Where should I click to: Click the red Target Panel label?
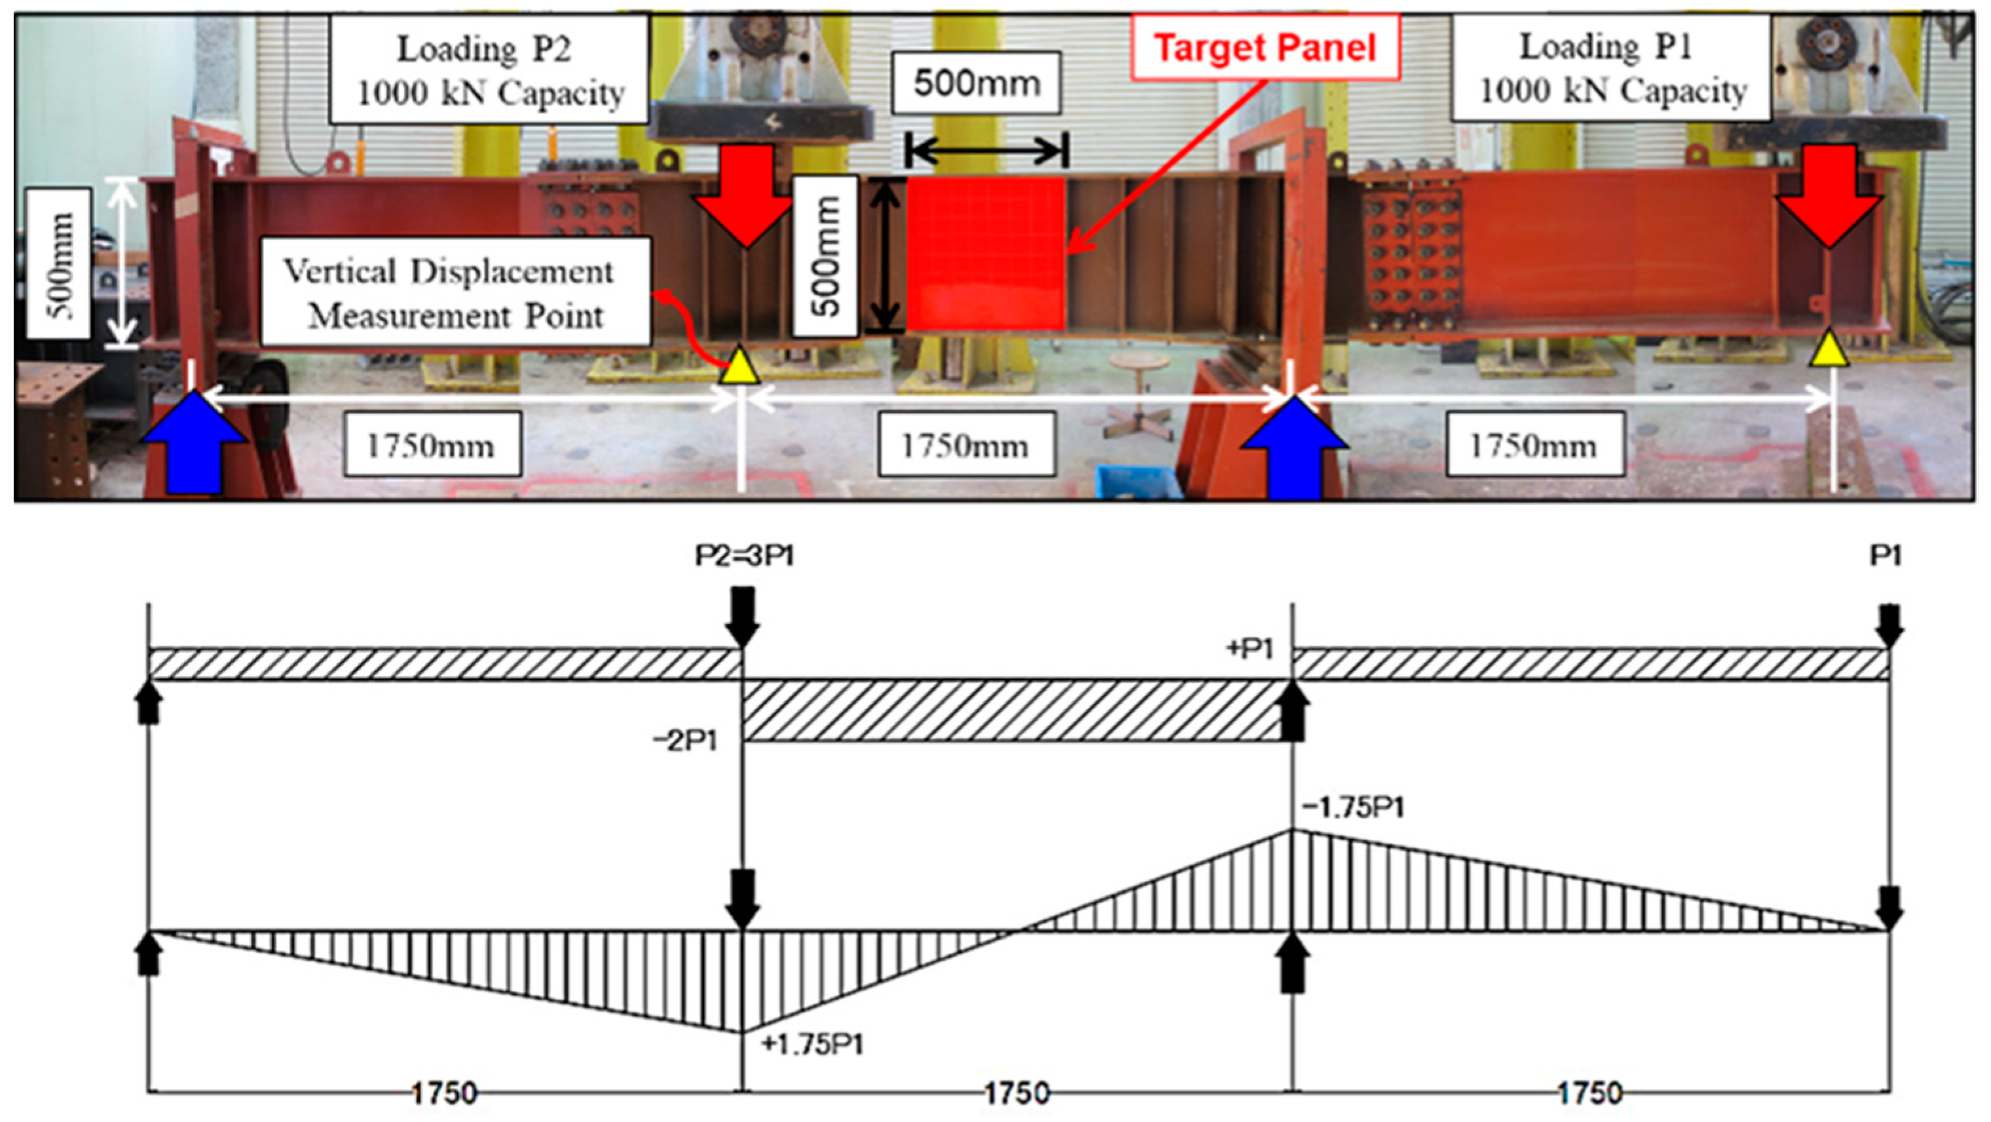pos(1265,48)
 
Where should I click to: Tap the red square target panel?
pos(986,254)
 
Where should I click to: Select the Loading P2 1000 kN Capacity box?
pos(489,69)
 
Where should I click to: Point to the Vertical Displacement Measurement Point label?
pos(455,292)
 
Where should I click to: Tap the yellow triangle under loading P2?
pos(739,366)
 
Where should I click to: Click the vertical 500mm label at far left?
pos(59,263)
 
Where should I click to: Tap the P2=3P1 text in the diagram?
pos(743,556)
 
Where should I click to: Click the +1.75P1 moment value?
pos(811,1045)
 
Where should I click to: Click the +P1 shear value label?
pos(1249,649)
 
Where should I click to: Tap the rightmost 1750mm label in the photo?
pos(1535,446)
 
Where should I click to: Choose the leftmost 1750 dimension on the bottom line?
pos(443,1093)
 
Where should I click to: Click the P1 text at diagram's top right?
pos(1885,556)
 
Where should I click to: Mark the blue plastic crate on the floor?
pos(1138,481)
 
